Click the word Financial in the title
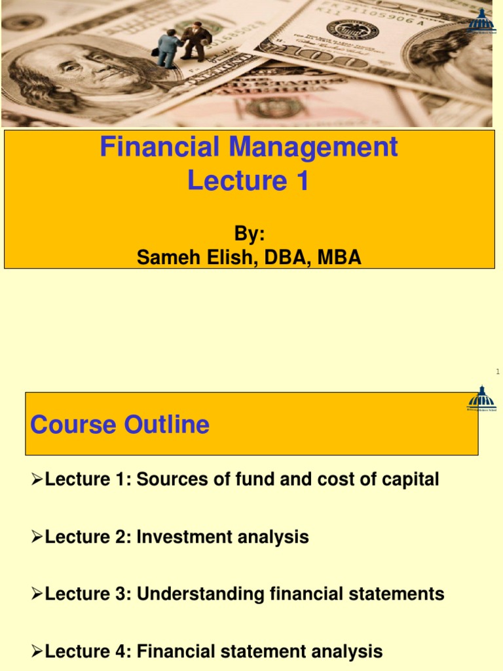pyautogui.click(x=160, y=147)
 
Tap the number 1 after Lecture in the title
pyautogui.click(x=301, y=182)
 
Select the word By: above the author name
pyautogui.click(x=249, y=235)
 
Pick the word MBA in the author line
pyautogui.click(x=339, y=258)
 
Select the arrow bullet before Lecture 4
pyautogui.click(x=37, y=652)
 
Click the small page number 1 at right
pyautogui.click(x=498, y=372)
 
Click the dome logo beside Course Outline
pyautogui.click(x=481, y=400)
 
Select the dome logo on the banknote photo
pyautogui.click(x=481, y=22)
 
